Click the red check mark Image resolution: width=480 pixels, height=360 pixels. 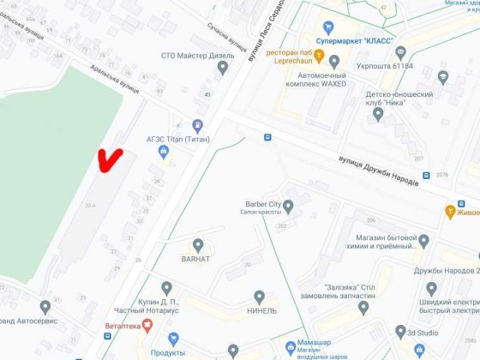(x=109, y=160)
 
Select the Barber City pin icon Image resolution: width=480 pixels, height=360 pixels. (x=288, y=206)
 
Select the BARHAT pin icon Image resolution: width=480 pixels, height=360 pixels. (x=199, y=221)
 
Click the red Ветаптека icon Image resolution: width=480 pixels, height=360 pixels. (x=147, y=325)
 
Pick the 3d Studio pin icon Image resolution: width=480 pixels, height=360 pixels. (x=399, y=332)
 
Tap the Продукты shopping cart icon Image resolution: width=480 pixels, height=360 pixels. (x=173, y=339)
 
